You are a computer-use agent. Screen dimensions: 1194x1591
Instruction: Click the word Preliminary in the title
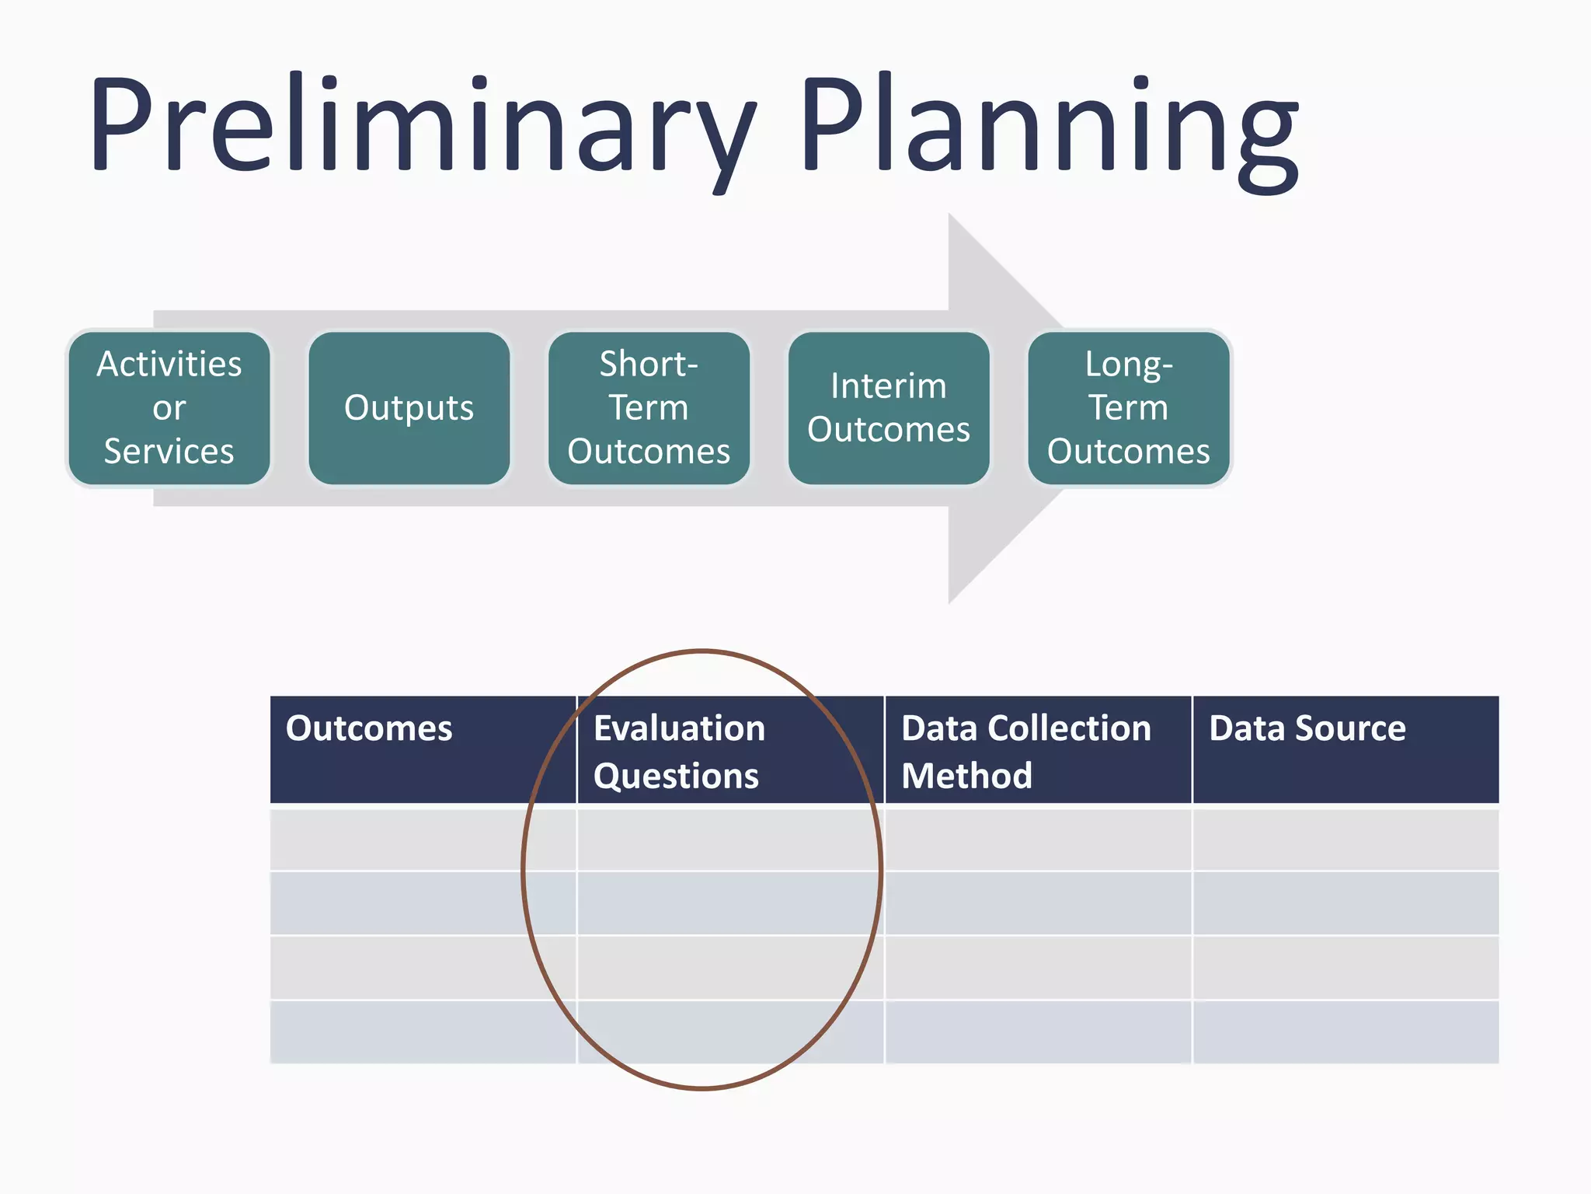tap(423, 124)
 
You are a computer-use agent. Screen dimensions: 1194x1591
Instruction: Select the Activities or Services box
tap(169, 408)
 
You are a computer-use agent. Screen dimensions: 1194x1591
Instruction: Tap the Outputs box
tap(409, 408)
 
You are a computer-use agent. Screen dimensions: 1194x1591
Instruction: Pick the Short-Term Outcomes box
tap(649, 408)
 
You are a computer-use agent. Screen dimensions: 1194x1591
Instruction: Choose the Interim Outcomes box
tap(889, 408)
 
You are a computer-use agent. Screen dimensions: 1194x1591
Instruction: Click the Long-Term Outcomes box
tap(1128, 408)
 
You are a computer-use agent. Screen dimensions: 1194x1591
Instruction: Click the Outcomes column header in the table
tap(369, 729)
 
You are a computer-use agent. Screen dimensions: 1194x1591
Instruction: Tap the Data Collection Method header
tap(1025, 751)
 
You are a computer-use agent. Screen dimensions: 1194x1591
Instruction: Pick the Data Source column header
tap(1307, 729)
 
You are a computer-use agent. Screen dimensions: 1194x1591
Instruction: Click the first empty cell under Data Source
tap(1346, 840)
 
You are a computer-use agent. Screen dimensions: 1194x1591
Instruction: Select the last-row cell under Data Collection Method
tap(1038, 1032)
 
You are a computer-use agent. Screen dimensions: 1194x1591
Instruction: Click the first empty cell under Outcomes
tap(423, 840)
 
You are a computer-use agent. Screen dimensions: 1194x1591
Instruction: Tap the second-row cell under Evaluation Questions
tap(730, 903)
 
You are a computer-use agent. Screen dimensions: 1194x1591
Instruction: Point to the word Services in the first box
tap(169, 452)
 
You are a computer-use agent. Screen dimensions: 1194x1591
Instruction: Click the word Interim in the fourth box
tap(889, 386)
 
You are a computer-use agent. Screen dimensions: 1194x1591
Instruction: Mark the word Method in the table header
tap(967, 776)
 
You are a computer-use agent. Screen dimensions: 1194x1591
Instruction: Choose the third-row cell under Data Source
tap(1346, 968)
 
